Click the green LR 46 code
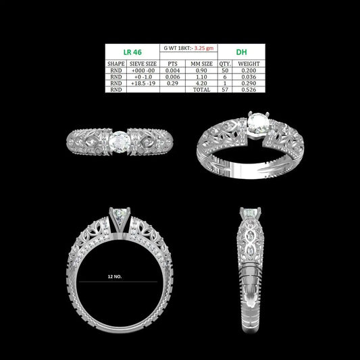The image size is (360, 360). pyautogui.click(x=132, y=52)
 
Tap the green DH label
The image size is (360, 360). pyautogui.click(x=241, y=52)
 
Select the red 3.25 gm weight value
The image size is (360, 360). pyautogui.click(x=204, y=48)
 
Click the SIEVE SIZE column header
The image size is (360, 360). pyautogui.click(x=143, y=63)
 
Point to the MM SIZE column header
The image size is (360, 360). pyautogui.click(x=201, y=63)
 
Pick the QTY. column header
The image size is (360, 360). pyautogui.click(x=225, y=63)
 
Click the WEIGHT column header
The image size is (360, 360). pyautogui.click(x=249, y=63)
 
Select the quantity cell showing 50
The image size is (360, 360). pyautogui.click(x=225, y=70)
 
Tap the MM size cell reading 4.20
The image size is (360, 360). pyautogui.click(x=201, y=83)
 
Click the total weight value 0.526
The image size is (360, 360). pyautogui.click(x=249, y=90)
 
